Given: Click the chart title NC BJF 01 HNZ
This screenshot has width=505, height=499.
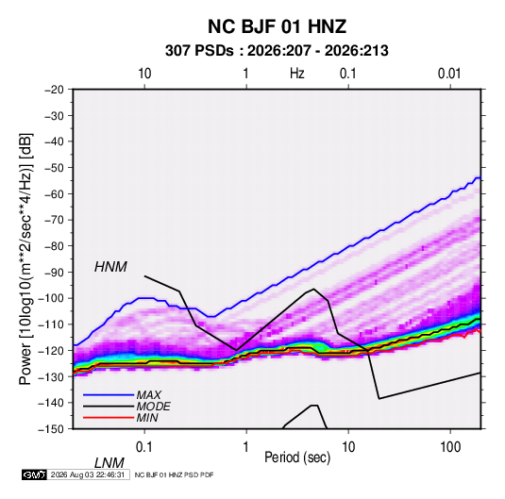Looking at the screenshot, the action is coord(277,26).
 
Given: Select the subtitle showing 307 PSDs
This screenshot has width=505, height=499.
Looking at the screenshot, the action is coord(277,51).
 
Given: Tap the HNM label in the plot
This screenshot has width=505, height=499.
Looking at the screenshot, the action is coord(110,267).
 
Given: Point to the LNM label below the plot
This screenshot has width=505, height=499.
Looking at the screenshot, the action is coord(109,463).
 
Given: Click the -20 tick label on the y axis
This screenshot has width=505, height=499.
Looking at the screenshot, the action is coord(54,90).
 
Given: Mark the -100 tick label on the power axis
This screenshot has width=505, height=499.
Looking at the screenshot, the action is coord(51,298).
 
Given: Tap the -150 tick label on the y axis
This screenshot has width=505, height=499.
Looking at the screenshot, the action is coord(51,428).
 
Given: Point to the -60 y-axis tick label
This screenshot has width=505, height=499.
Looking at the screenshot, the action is coord(54,193).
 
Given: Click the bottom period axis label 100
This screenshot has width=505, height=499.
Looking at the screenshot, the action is coord(450,447).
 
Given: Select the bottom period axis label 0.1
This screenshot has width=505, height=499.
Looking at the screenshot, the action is coord(144,447).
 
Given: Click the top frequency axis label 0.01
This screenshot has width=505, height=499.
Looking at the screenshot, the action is coord(449,74).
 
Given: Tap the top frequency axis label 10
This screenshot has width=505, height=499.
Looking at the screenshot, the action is coord(144,74).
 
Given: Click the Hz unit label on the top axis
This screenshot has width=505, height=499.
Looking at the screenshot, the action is coord(297,74).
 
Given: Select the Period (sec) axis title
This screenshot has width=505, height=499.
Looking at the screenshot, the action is coord(297,457).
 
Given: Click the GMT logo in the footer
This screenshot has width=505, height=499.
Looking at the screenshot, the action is coord(35,474).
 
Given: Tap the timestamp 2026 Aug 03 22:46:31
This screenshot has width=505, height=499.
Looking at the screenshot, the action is coord(88,474).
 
